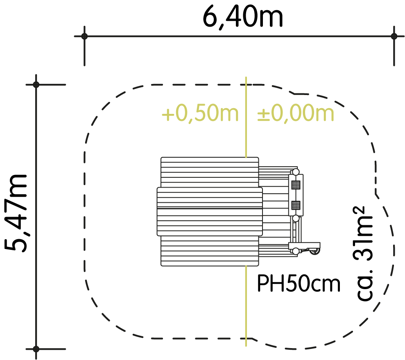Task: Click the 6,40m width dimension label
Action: [x=242, y=18]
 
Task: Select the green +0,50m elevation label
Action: [x=200, y=114]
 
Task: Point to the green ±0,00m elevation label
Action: [x=296, y=113]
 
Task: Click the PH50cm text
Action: [x=299, y=283]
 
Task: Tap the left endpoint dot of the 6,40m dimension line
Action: [x=84, y=36]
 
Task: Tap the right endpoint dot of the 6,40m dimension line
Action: [x=394, y=36]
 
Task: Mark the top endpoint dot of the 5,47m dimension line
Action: [x=36, y=84]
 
